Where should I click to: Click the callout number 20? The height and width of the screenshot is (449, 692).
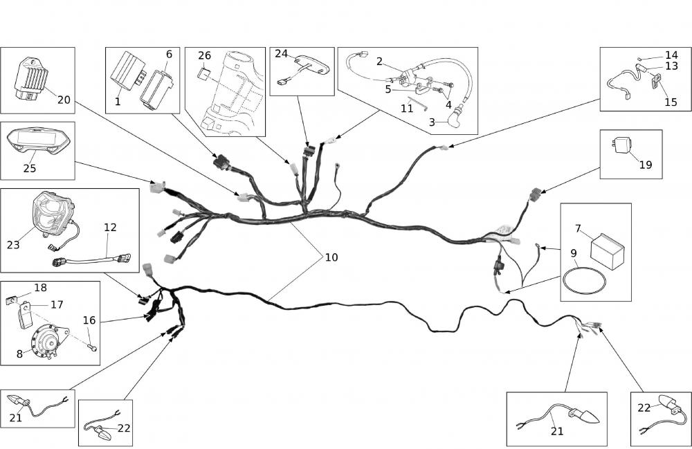click(64, 100)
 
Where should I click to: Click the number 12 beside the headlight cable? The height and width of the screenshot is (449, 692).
click(110, 227)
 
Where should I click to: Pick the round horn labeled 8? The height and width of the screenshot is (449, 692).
click(48, 341)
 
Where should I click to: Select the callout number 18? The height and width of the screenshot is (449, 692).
click(40, 288)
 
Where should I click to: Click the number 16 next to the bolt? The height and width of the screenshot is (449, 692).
click(89, 320)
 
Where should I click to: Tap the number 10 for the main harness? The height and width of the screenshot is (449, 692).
click(331, 257)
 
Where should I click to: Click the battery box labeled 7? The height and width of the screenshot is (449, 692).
click(606, 246)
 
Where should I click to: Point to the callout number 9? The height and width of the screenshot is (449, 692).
click(574, 253)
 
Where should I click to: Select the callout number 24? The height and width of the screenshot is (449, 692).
click(281, 53)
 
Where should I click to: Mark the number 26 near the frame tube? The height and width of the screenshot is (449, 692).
click(204, 55)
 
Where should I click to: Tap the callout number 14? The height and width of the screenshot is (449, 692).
click(671, 55)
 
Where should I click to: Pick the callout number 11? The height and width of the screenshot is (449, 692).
click(406, 109)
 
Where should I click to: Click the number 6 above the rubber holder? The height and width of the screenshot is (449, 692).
click(169, 54)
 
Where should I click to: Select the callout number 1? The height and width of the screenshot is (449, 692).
click(118, 101)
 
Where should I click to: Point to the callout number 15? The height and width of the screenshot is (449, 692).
click(671, 102)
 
